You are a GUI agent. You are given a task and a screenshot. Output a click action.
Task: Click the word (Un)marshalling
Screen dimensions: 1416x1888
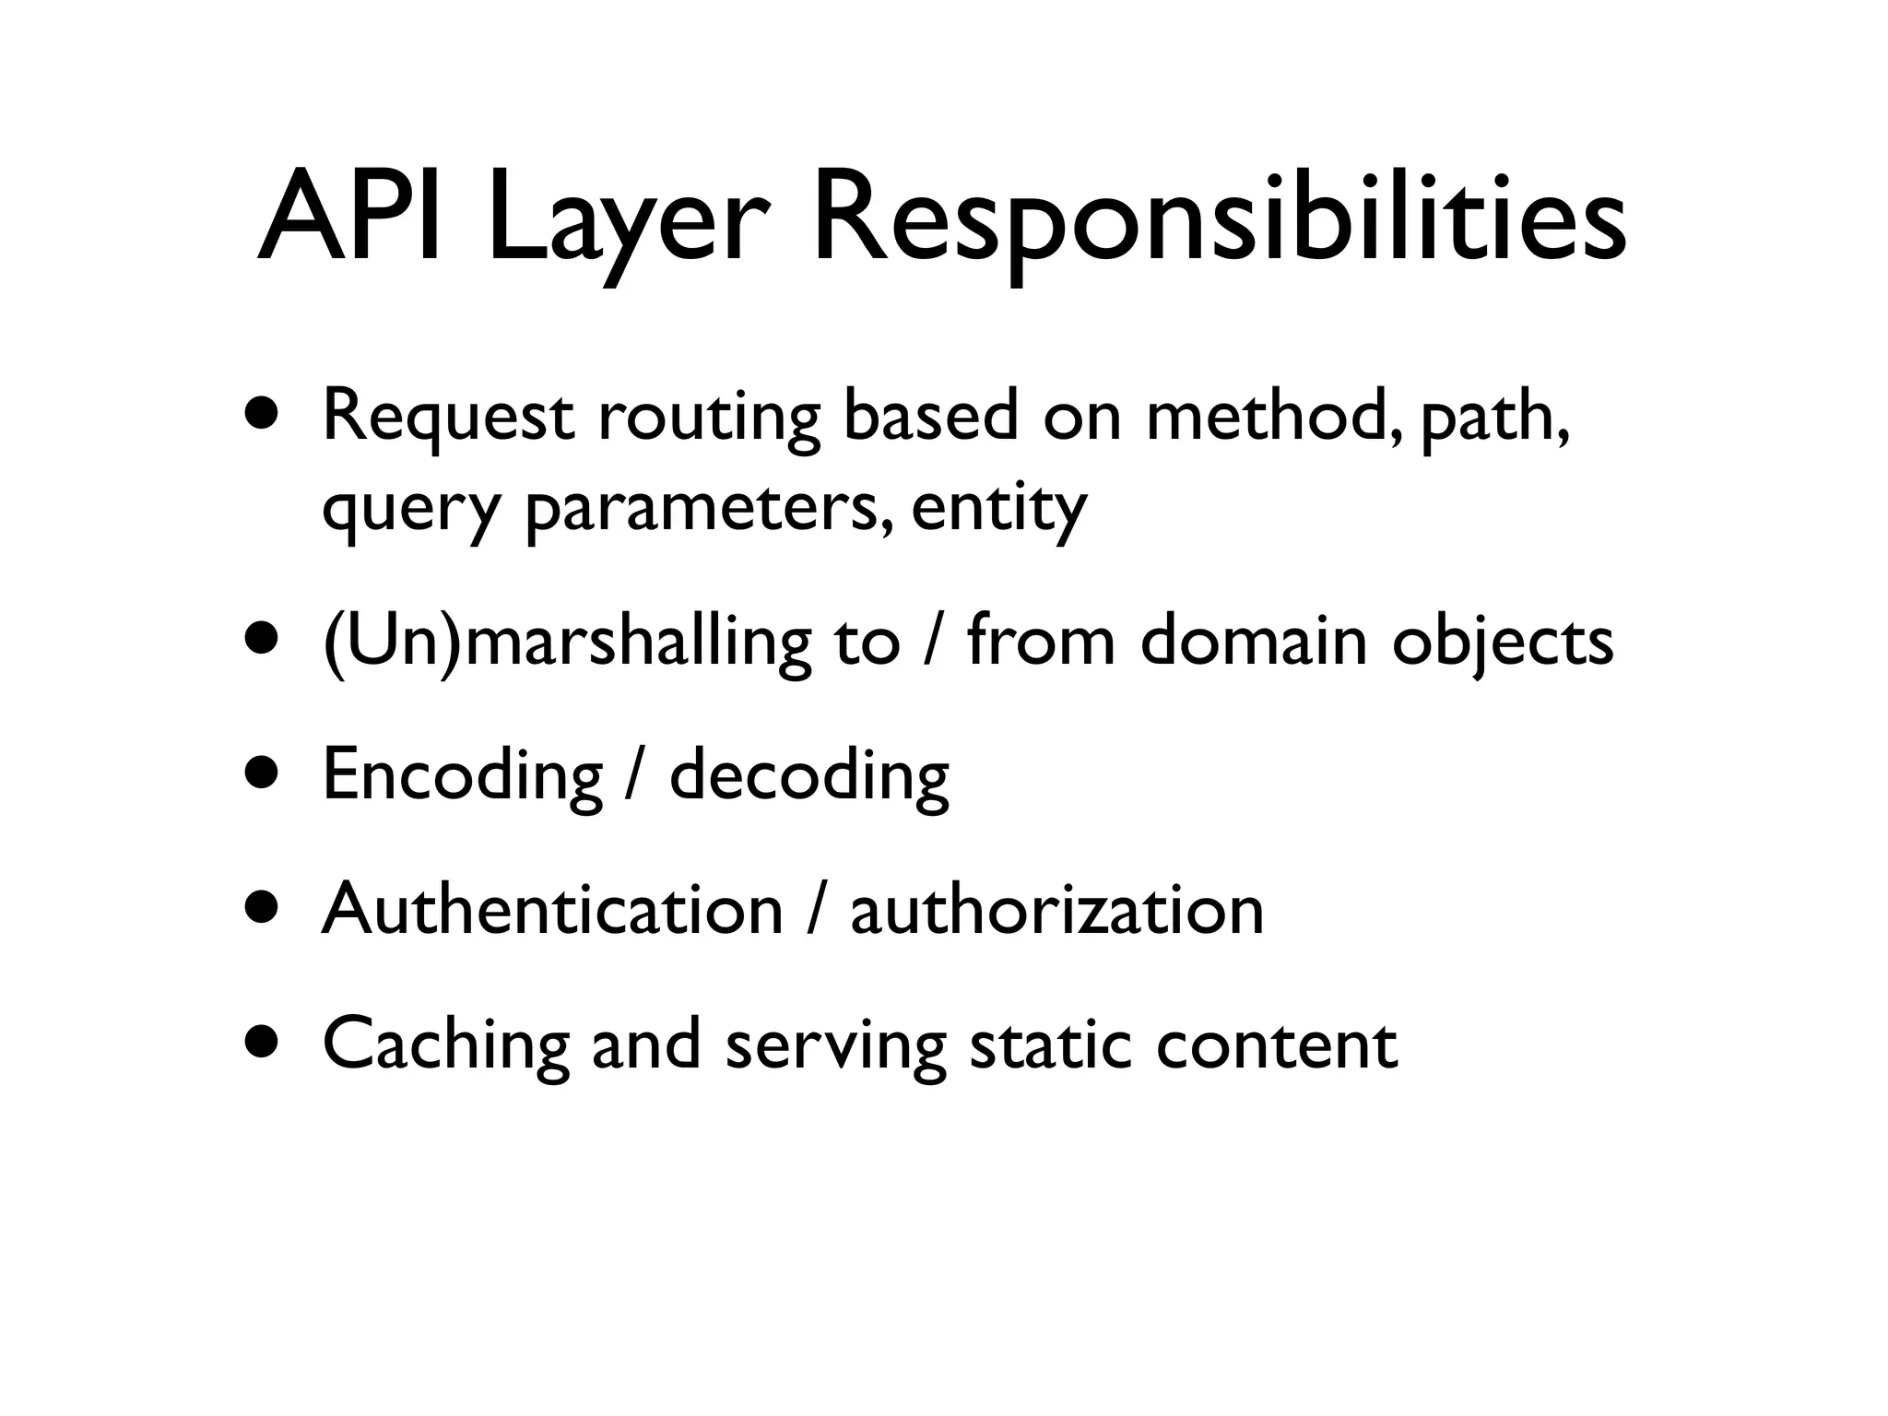coord(567,643)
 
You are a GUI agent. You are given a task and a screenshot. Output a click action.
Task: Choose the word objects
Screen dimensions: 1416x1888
coord(1503,643)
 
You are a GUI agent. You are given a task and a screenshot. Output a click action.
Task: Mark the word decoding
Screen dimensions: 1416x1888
coord(808,776)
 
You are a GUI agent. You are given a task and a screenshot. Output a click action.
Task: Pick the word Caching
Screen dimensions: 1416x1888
coord(446,1045)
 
